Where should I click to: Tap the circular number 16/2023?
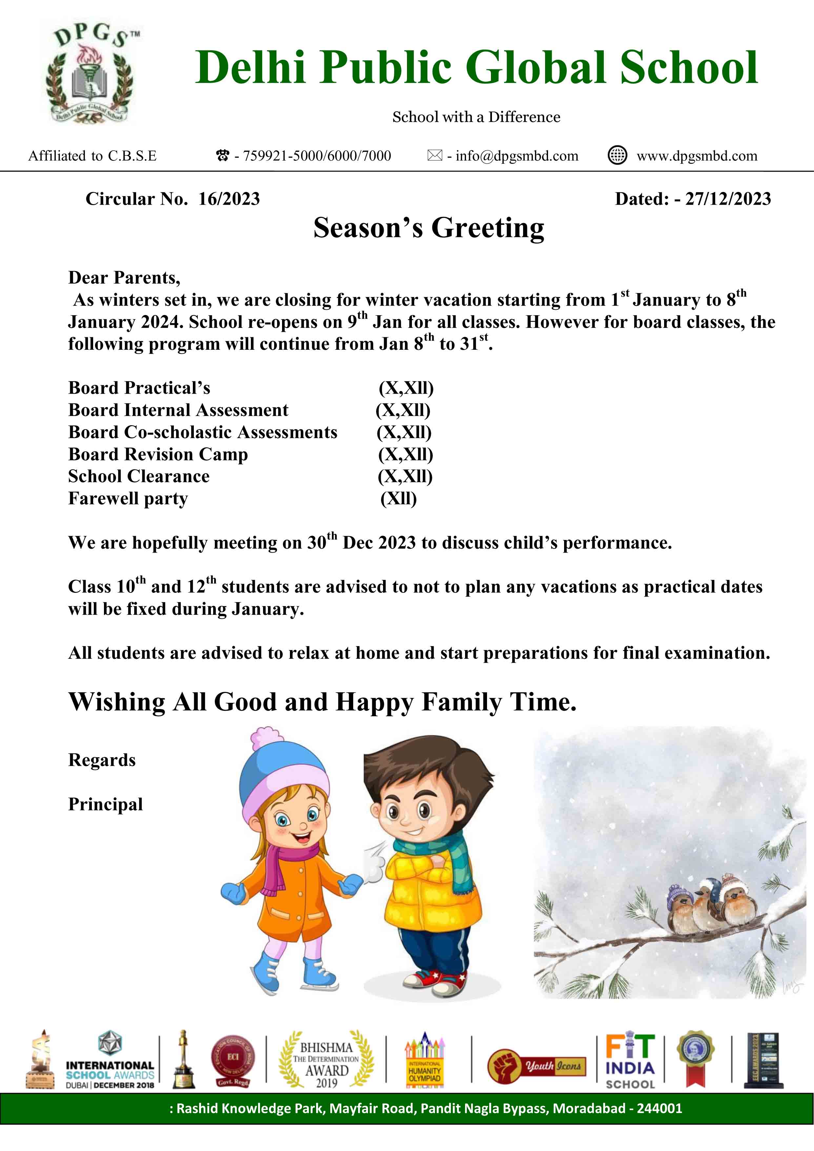coord(229,199)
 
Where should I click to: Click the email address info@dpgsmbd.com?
coord(516,156)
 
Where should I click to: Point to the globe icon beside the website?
coord(617,156)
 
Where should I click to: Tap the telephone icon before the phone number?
coord(222,156)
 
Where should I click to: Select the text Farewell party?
coord(128,498)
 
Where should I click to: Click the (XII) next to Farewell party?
coord(398,498)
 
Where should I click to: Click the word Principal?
coord(105,804)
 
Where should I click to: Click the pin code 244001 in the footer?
coord(659,1108)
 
